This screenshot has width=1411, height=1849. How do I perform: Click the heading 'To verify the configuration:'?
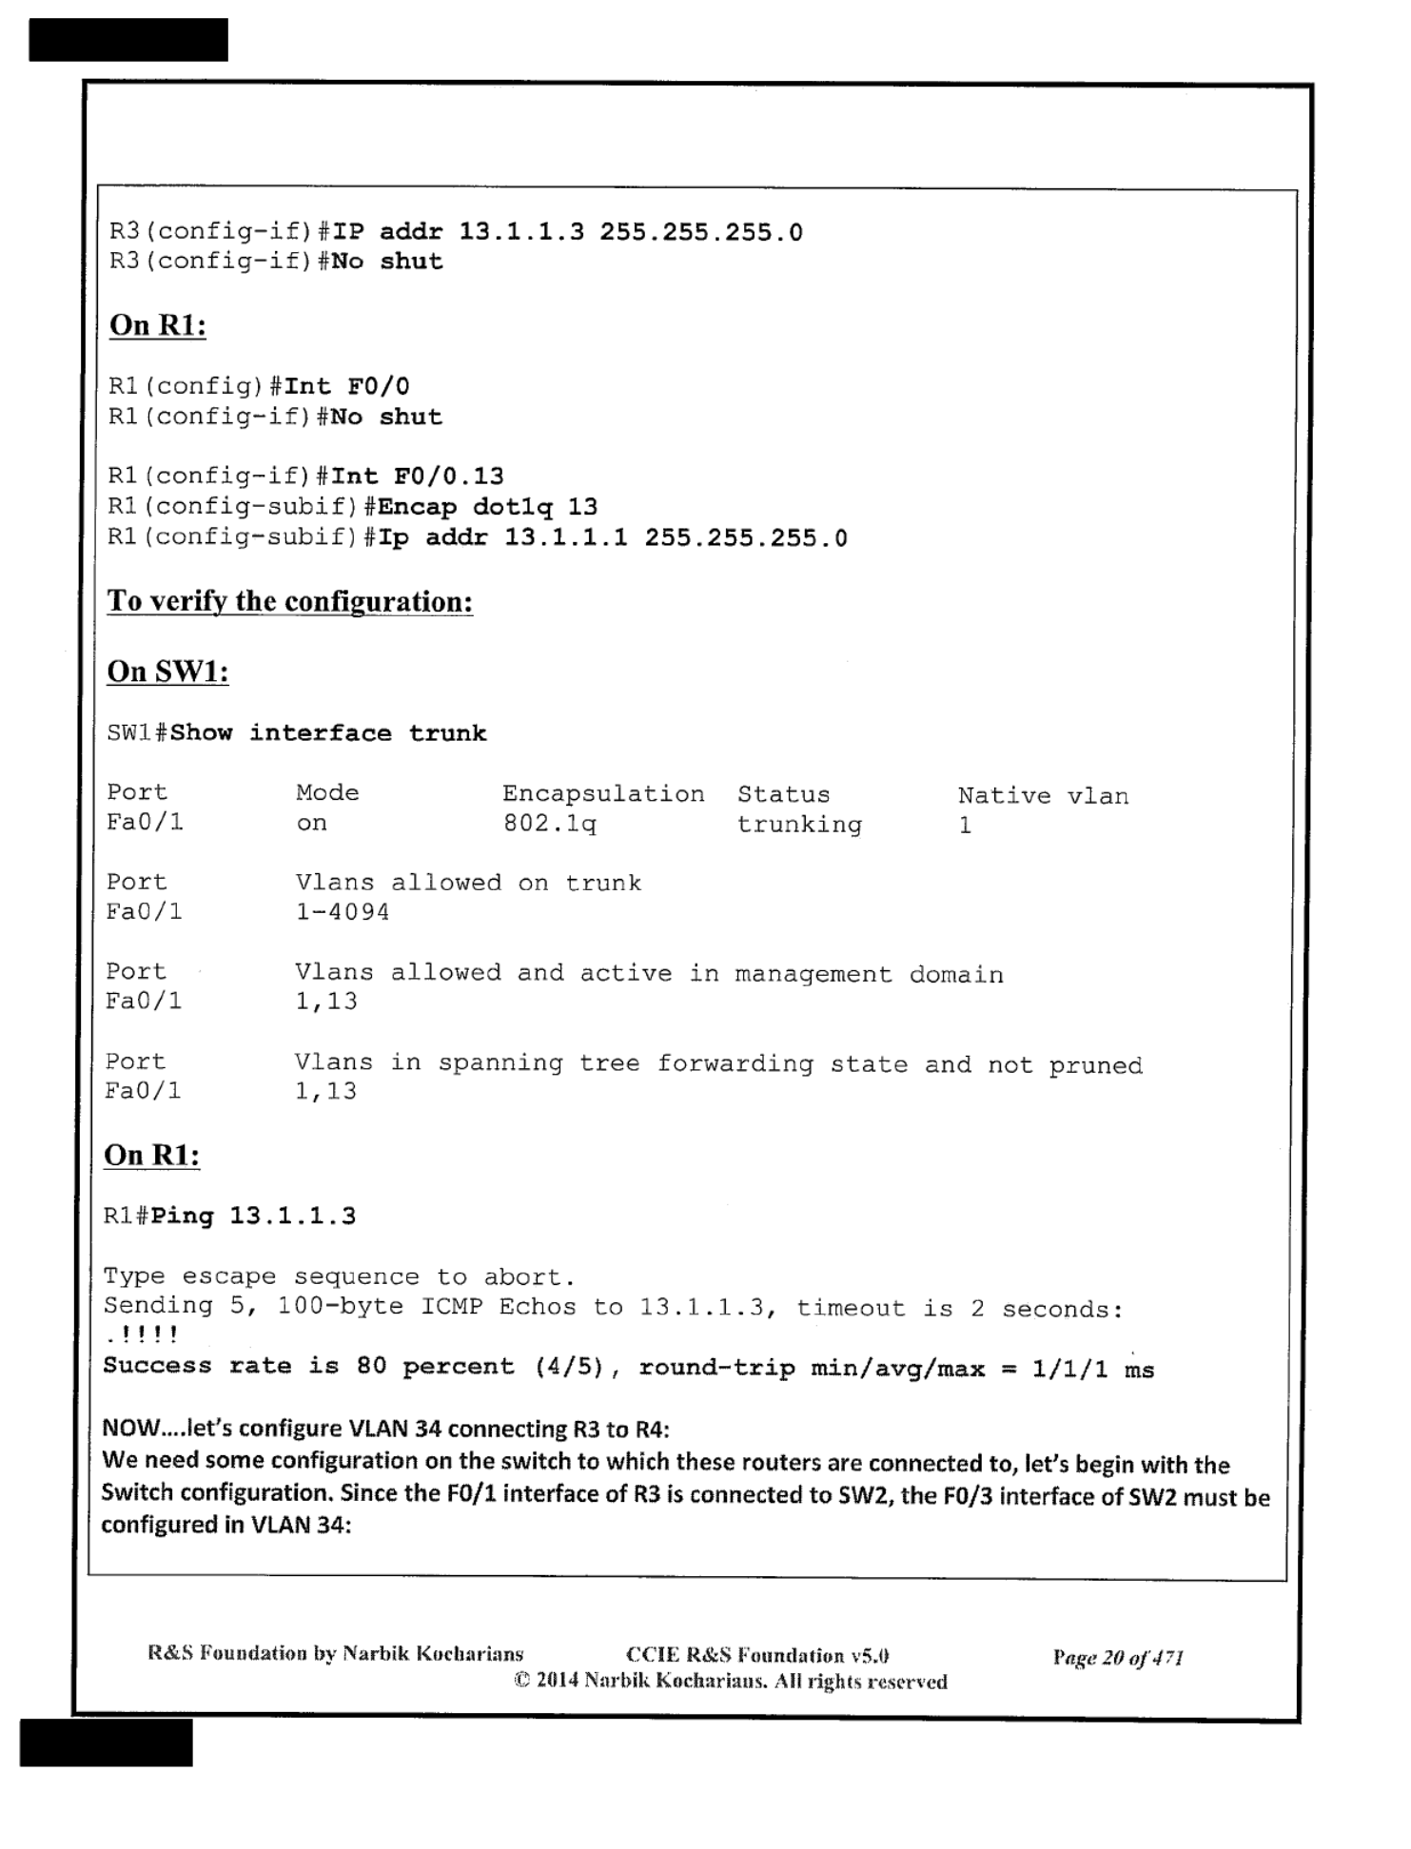[x=289, y=601]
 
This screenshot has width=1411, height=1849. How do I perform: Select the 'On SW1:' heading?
[x=167, y=671]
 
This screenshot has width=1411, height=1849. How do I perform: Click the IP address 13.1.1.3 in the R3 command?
[x=521, y=233]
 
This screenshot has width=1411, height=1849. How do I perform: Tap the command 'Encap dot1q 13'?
[x=487, y=507]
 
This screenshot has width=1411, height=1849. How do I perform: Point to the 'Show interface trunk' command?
[x=328, y=733]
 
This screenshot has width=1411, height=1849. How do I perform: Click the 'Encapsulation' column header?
[x=603, y=794]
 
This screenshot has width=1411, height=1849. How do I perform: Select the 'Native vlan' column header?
[x=1043, y=796]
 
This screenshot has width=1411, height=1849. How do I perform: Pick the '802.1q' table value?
[x=549, y=824]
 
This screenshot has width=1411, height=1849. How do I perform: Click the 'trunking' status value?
[x=799, y=825]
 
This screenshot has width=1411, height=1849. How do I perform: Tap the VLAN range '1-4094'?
[x=343, y=912]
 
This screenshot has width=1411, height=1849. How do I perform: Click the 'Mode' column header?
[x=327, y=793]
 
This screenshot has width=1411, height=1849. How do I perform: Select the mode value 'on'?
[x=311, y=824]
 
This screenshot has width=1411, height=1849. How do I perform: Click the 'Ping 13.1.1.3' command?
[x=253, y=1216]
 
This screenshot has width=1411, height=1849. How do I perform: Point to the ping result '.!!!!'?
[x=142, y=1336]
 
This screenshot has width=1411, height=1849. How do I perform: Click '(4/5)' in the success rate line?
[x=569, y=1368]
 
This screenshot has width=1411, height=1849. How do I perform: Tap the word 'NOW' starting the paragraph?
[x=128, y=1429]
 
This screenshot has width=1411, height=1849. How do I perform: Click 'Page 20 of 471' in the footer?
[x=1117, y=1659]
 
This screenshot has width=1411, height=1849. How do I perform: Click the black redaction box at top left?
[x=128, y=40]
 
